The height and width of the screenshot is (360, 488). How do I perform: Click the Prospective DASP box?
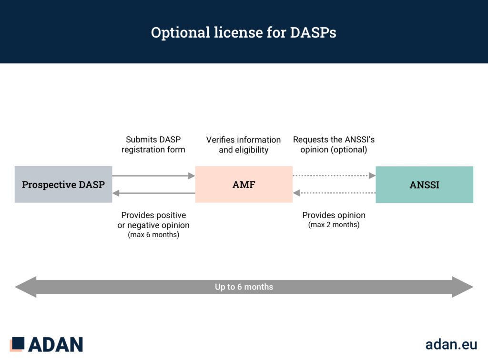[63, 184]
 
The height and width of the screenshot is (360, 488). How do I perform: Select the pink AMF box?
[244, 184]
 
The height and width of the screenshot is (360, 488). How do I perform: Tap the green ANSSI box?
[424, 184]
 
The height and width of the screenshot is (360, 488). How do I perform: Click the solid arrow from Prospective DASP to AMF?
[154, 176]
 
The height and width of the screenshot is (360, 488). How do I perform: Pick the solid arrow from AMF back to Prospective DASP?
[154, 193]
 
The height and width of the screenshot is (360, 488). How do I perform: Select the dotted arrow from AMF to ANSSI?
[334, 176]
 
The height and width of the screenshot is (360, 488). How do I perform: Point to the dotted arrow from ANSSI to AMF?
[334, 193]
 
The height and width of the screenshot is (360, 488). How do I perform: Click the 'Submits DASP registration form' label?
[153, 145]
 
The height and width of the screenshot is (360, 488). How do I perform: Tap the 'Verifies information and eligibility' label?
[244, 145]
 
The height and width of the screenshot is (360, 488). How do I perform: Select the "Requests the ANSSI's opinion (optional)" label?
[334, 145]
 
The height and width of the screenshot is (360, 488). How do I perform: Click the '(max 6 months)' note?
[153, 234]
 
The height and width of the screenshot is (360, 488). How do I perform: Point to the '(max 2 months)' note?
[334, 224]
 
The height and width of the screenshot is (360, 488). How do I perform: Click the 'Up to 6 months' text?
[244, 287]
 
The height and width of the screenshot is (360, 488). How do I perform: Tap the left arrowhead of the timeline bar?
[26, 287]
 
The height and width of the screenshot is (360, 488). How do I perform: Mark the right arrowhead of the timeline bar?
[462, 287]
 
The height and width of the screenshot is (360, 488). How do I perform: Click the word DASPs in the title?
[313, 32]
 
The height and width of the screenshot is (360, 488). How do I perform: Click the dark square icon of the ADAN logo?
[18, 343]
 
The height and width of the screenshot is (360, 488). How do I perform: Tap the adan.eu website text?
[451, 344]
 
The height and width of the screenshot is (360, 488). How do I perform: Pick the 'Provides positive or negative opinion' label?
[153, 220]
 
